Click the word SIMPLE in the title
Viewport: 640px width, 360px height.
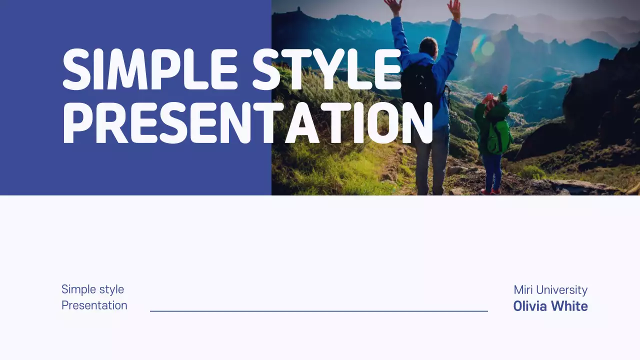point(150,70)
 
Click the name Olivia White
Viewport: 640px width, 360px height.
point(550,306)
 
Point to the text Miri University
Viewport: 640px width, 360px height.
point(550,290)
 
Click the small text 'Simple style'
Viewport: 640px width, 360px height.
point(92,289)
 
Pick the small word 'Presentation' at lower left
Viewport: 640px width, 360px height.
point(94,305)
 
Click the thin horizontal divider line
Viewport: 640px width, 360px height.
point(318,311)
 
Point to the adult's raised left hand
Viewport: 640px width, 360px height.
point(393,6)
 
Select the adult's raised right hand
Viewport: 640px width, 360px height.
point(454,7)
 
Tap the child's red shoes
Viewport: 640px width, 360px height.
point(490,191)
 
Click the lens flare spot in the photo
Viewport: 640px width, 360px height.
point(483,48)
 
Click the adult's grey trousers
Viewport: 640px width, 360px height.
point(432,160)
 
